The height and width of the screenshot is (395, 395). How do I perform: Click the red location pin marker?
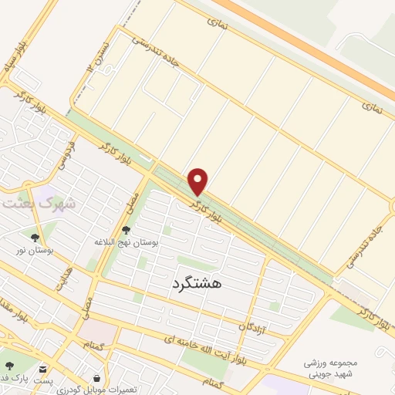(198, 181)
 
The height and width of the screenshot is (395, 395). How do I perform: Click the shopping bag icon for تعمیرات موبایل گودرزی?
(96, 377)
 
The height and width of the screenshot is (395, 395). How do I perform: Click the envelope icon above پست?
(43, 369)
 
